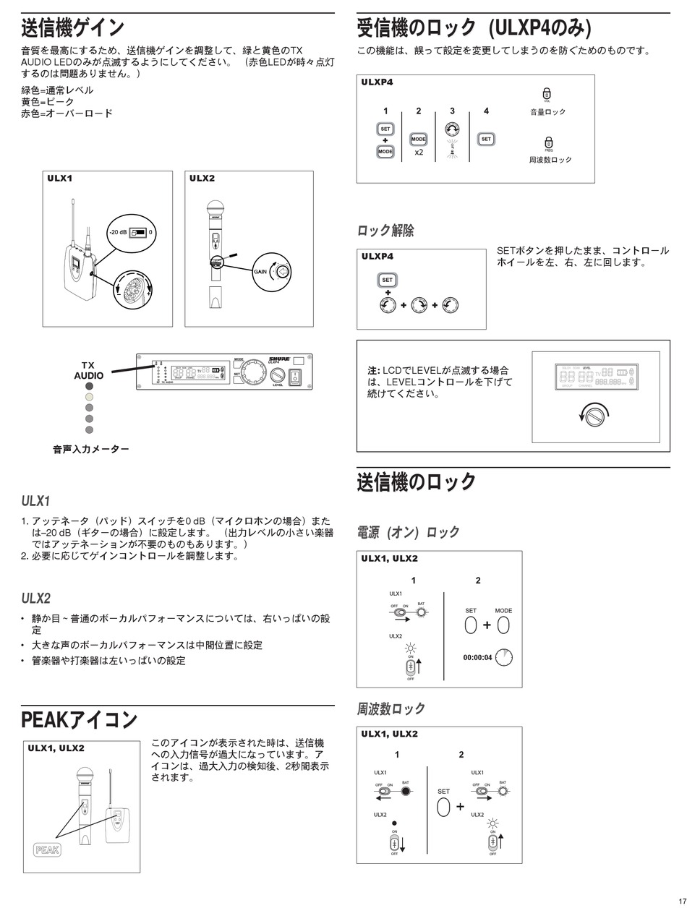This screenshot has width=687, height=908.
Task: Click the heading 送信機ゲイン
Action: coord(73,28)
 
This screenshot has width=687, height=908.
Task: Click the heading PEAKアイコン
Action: coord(79,720)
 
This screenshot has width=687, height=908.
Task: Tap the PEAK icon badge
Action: coord(47,849)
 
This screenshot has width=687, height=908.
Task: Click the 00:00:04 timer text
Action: coord(477,658)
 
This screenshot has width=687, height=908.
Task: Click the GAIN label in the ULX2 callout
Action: coord(260,271)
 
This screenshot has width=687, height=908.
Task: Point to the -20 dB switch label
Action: coord(118,233)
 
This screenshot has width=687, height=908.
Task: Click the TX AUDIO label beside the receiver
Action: coord(88,371)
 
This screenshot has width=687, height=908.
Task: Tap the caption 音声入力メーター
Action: coord(91,450)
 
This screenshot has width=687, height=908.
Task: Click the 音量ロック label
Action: coord(547,112)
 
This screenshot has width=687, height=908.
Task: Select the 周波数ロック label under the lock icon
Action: coord(550,159)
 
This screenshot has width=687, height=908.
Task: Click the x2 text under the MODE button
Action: coord(419,153)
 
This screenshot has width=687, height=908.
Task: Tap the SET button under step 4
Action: coord(486,139)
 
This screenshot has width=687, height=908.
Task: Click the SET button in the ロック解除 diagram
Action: coord(388,280)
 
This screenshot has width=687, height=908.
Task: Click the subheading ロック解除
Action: coord(385,231)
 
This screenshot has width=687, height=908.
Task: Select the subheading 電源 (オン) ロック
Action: coord(408,533)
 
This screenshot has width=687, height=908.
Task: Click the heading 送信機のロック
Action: coord(417,482)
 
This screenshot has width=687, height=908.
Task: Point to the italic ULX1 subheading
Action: coord(35,501)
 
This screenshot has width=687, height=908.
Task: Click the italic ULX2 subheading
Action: coord(35,599)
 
